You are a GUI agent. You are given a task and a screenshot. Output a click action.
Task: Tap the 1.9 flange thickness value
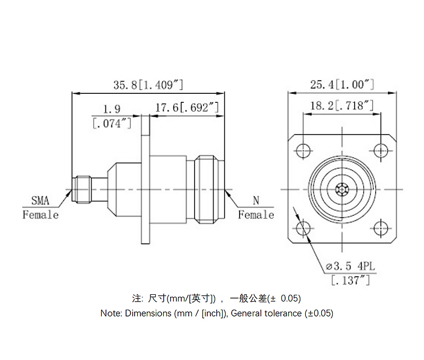[111, 109]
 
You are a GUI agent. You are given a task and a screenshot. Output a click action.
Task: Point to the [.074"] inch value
[111, 124]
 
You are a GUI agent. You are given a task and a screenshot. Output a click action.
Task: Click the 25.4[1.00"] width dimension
[342, 84]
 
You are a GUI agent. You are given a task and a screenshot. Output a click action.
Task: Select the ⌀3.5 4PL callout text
[350, 266]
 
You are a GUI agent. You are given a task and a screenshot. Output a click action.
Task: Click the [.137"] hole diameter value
[350, 280]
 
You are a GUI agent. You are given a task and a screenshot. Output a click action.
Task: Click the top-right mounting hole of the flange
[381, 151]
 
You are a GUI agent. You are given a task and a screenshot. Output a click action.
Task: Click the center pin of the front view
[342, 189]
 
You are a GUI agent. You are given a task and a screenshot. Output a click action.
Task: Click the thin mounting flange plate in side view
[145, 189]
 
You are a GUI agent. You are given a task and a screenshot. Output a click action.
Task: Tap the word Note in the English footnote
[111, 313]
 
